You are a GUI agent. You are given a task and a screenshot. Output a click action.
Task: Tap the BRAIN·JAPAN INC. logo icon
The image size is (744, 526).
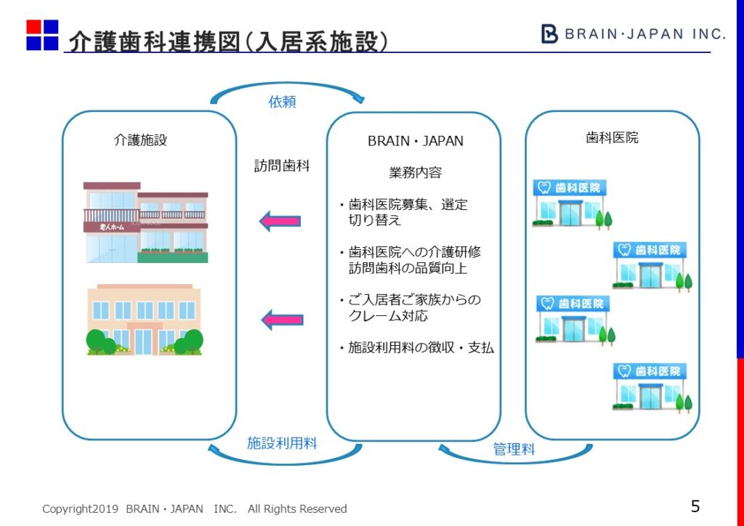coord(550,33)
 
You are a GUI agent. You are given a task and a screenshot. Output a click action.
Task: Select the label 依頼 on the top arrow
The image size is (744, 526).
coord(283,102)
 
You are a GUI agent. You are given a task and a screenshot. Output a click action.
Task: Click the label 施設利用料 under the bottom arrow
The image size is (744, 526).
coord(282,442)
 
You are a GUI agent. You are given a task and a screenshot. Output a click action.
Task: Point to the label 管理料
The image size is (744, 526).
coord(514,450)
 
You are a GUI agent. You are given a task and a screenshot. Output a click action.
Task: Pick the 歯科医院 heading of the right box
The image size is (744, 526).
coord(612,137)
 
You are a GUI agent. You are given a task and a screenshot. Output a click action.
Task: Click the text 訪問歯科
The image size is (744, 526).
coord(282,166)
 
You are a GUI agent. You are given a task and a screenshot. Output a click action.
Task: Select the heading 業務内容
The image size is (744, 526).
coord(415,173)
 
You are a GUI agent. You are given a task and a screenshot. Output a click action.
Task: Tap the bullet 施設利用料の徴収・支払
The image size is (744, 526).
coord(417,348)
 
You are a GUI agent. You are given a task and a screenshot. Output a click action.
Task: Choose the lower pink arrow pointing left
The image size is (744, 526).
coord(281,318)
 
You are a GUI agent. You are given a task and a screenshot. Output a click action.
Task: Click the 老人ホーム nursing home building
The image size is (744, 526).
coord(145,222)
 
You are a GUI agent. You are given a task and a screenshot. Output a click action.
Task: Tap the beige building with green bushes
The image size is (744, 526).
coord(145,320)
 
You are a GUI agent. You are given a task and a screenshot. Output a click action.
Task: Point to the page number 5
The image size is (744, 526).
coord(695,506)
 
